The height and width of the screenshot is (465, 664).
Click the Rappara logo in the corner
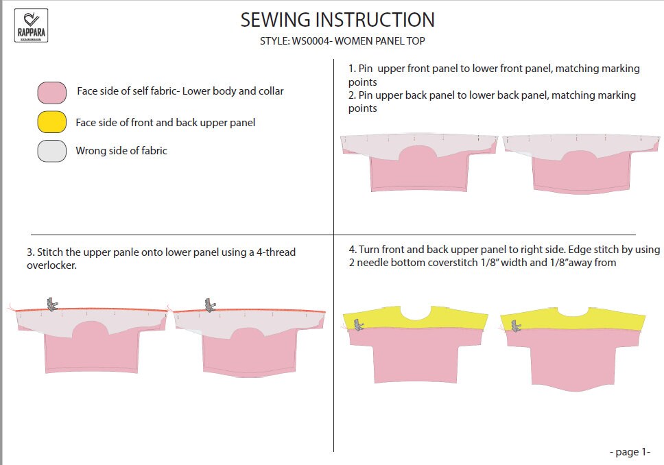point(31,25)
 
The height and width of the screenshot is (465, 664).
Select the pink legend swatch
point(52,92)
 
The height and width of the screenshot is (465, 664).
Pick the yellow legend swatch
point(52,122)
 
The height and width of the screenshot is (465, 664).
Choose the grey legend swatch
point(52,151)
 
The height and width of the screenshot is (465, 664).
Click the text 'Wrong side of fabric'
point(121,151)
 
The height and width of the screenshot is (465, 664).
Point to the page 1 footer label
point(629,452)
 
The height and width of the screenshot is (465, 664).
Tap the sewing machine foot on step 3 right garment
point(211,303)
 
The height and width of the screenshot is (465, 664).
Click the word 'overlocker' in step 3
point(51,265)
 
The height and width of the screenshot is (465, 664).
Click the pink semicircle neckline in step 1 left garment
point(416,156)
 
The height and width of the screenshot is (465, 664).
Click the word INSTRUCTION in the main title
point(370,20)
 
